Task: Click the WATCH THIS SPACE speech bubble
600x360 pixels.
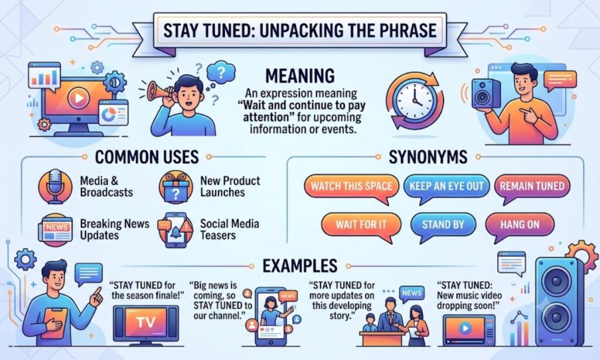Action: tap(352, 187)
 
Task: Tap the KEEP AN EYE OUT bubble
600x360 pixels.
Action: tap(446, 187)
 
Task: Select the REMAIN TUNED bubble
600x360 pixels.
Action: tap(532, 187)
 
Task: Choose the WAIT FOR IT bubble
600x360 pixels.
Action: tap(361, 225)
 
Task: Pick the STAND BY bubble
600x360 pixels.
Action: tap(443, 225)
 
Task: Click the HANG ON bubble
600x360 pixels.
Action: tap(520, 225)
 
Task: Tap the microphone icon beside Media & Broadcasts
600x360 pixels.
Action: tap(56, 187)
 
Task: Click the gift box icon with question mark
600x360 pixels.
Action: tap(176, 187)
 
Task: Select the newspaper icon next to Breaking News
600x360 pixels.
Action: tap(56, 230)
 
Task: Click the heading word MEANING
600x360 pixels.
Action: tap(300, 76)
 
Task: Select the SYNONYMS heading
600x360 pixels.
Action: tap(428, 157)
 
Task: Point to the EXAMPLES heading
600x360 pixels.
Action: tap(299, 266)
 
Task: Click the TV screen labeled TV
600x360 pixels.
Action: tap(146, 322)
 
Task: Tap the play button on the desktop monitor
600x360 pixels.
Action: tap(79, 99)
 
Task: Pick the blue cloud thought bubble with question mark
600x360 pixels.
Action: tap(221, 72)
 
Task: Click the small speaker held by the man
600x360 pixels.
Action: tap(486, 93)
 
